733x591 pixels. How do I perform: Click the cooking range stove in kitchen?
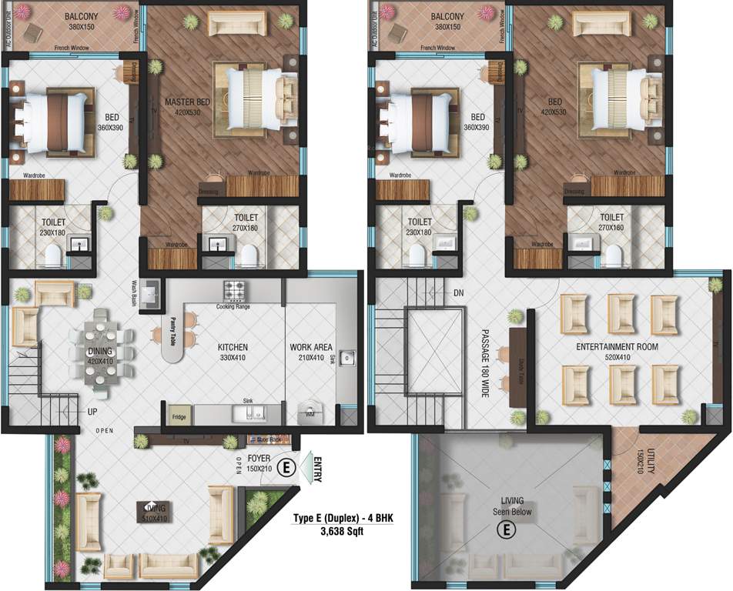[234, 291]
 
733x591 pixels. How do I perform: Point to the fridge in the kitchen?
[179, 414]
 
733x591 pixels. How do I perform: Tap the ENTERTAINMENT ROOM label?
[617, 352]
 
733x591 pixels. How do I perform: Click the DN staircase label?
[459, 293]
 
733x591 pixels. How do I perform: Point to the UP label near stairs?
[92, 412]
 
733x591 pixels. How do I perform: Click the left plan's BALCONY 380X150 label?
[85, 21]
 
